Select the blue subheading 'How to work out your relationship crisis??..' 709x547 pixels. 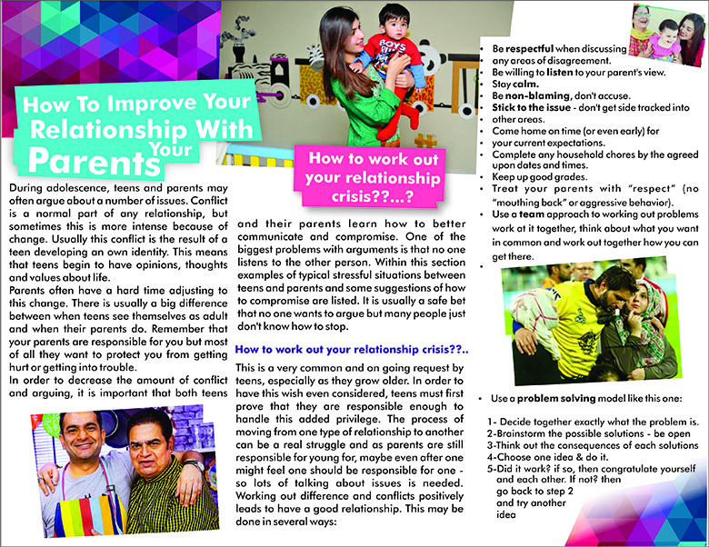pos(350,349)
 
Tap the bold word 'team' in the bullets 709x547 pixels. pos(533,214)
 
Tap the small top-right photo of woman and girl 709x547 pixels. pos(669,36)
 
